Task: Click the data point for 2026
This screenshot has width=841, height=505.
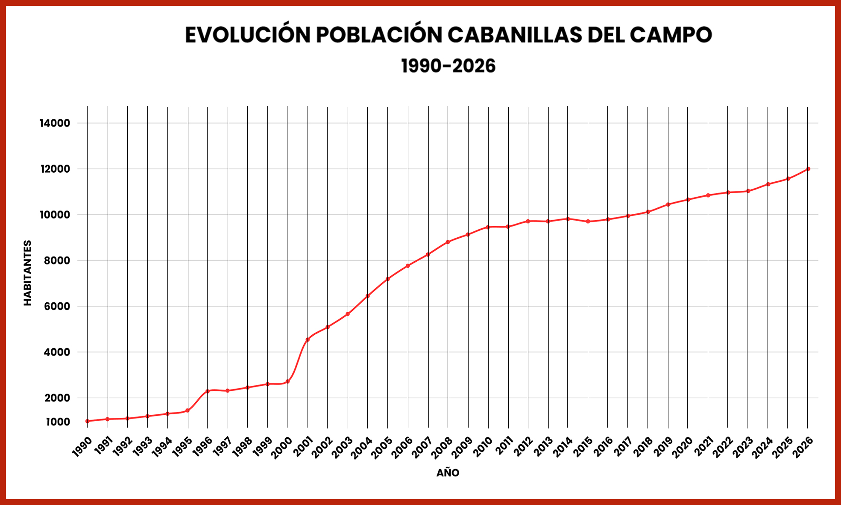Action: point(808,169)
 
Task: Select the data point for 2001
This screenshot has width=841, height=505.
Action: point(308,340)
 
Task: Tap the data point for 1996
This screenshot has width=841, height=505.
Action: point(208,391)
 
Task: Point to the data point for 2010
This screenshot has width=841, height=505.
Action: point(488,227)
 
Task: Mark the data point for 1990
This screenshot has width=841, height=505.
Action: point(87,421)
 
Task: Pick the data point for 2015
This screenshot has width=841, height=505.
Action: point(588,221)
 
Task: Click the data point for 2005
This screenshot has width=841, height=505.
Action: point(388,279)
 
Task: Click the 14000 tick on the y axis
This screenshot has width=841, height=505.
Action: point(55,123)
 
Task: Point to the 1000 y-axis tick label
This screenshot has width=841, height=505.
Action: point(58,422)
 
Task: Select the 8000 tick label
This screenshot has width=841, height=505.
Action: point(57,260)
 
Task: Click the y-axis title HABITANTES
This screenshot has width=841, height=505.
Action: point(28,273)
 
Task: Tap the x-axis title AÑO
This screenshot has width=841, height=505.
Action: point(448,473)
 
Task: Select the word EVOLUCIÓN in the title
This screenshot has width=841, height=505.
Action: point(248,35)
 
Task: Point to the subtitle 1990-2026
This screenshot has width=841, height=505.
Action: point(448,66)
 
